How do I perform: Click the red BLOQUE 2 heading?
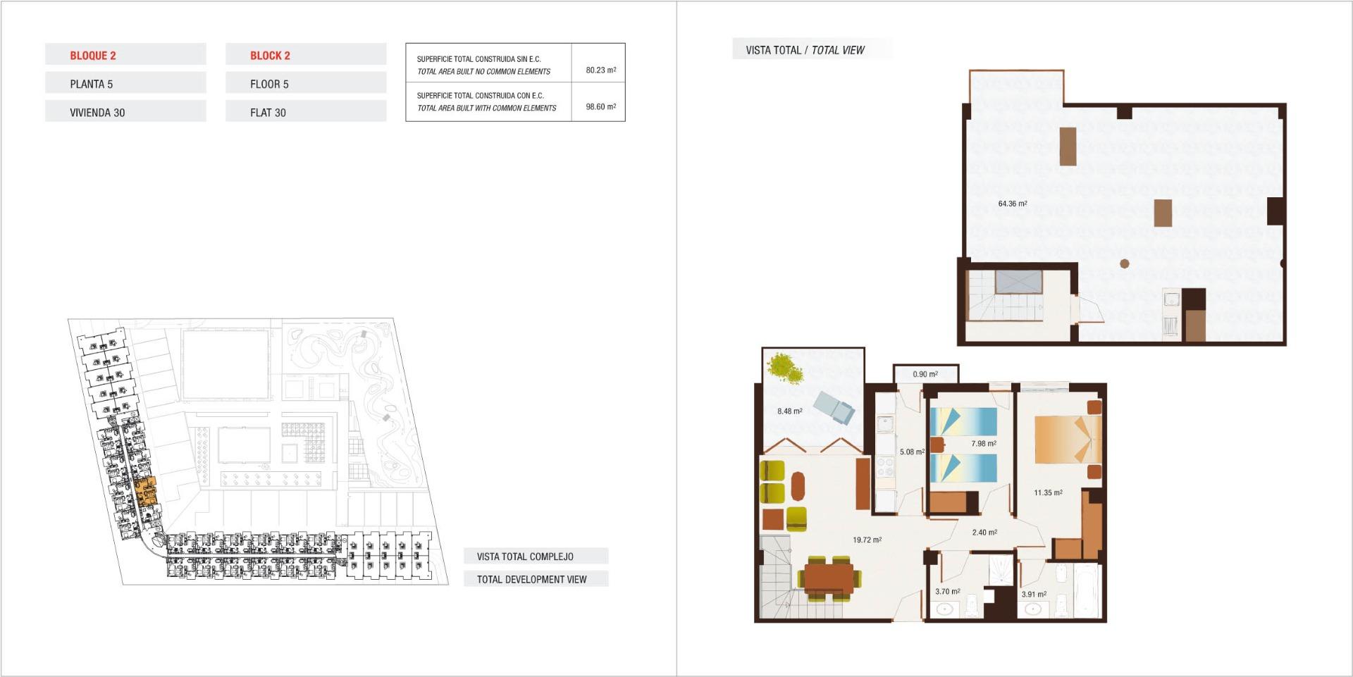(x=93, y=56)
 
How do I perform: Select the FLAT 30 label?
(x=268, y=113)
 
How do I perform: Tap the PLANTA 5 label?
(x=91, y=85)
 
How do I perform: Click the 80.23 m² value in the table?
(x=600, y=70)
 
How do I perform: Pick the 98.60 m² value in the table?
(x=600, y=107)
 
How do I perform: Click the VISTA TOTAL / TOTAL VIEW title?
(x=805, y=50)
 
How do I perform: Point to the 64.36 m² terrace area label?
(x=1012, y=204)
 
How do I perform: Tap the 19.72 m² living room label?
(x=867, y=540)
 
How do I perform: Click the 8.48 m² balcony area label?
(x=789, y=411)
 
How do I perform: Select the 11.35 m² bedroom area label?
(x=1048, y=493)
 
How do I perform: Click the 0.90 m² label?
(x=925, y=375)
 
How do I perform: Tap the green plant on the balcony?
(x=786, y=368)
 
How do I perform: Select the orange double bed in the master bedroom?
(x=1066, y=439)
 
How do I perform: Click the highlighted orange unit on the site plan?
(x=145, y=491)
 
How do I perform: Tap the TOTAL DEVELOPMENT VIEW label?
(x=531, y=580)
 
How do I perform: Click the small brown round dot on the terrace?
(x=1125, y=264)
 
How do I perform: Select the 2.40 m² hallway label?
(x=984, y=533)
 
